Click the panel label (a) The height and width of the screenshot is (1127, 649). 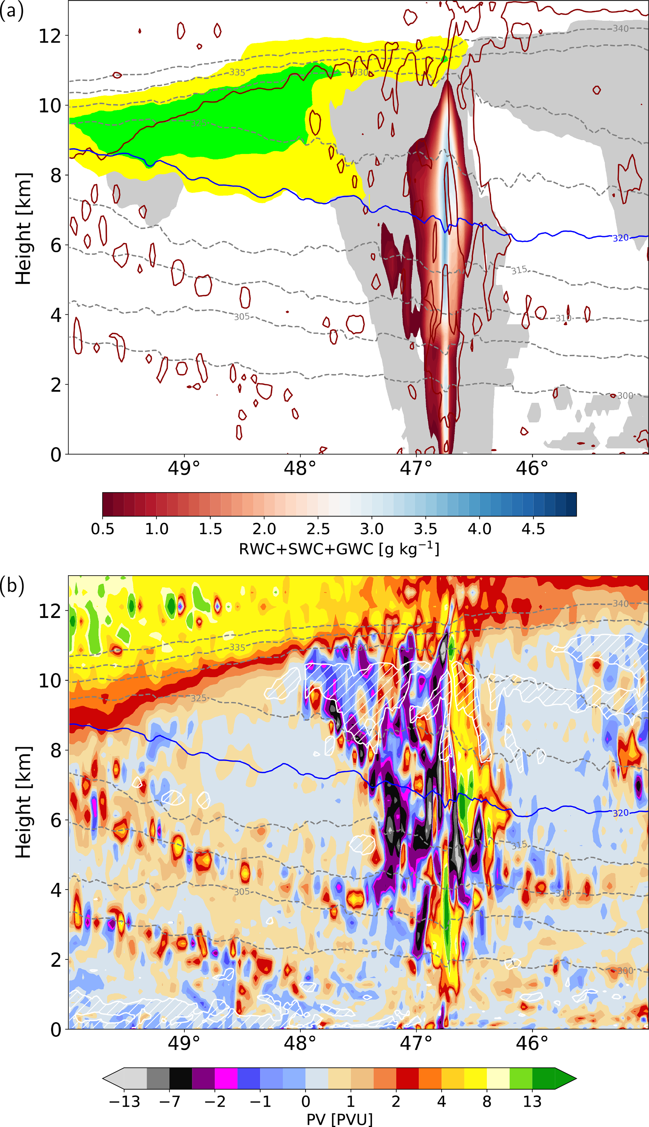click(12, 12)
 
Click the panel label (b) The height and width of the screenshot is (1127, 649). click(12, 586)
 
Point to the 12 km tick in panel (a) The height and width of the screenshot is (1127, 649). click(50, 36)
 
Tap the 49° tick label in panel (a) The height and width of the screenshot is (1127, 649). click(184, 468)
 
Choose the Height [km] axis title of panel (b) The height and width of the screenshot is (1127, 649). click(23, 802)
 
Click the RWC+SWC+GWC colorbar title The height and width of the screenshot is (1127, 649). click(339, 549)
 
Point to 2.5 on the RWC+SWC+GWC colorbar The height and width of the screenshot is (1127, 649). click(318, 529)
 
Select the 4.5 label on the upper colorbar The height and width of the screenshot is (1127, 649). click(533, 529)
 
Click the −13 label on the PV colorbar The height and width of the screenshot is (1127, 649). click(124, 1101)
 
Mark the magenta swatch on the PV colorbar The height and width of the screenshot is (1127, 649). click(226, 1078)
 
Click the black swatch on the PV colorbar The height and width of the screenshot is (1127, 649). click(181, 1078)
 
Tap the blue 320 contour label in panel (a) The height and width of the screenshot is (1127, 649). click(620, 238)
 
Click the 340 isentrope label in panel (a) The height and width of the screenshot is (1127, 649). click(620, 29)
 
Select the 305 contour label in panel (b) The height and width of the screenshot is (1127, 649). click(241, 891)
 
